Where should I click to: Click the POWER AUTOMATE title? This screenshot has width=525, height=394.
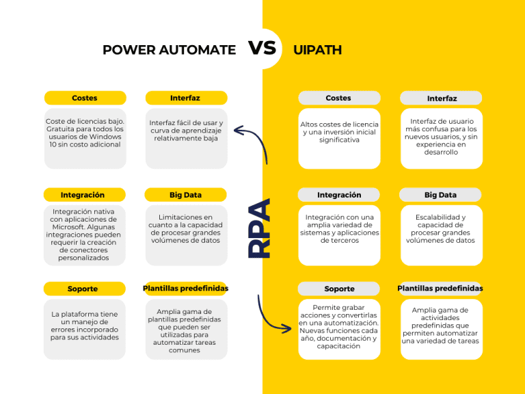[x=169, y=50]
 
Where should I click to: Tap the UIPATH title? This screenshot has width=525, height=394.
[x=317, y=50]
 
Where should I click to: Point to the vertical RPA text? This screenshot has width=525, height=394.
[x=259, y=228]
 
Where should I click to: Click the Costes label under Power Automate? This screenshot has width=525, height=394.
[x=85, y=98]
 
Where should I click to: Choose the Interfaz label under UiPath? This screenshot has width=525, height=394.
[x=442, y=98]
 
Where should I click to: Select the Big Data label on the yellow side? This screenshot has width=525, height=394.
[x=440, y=195]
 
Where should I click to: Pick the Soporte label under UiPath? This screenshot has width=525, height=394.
[x=339, y=289]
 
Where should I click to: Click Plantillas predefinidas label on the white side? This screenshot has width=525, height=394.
[x=185, y=289]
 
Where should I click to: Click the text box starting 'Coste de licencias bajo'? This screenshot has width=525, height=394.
[x=85, y=137]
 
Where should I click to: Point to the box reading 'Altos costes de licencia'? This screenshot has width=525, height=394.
[x=339, y=137]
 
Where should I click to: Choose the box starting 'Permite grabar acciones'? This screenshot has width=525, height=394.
[x=339, y=328]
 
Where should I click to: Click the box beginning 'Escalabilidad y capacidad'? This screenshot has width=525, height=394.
[x=440, y=234]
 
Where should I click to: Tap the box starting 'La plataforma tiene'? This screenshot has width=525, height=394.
[x=85, y=328]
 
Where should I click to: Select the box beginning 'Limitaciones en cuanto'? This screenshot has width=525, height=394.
[x=186, y=234]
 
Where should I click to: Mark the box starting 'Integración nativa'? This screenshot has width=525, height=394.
[x=85, y=234]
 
